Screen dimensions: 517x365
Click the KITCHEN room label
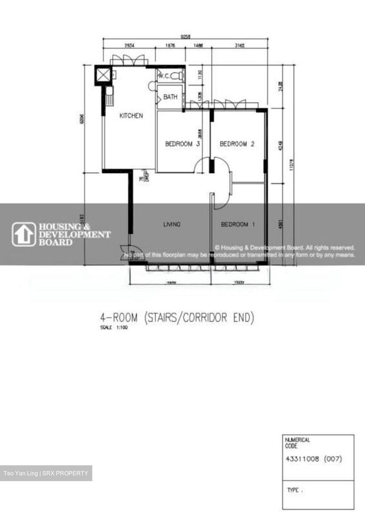point(131,116)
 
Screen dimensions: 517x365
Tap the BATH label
point(170,97)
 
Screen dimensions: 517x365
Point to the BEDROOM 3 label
point(182,144)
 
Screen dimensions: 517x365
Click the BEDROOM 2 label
point(237,144)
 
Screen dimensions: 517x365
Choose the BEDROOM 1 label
point(238,224)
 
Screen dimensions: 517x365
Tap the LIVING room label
point(172,224)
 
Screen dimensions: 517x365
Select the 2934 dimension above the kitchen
point(129,45)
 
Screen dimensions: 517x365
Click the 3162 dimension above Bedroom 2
point(239,45)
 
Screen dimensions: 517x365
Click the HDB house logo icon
point(24,234)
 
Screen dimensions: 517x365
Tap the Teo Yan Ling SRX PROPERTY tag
point(46,473)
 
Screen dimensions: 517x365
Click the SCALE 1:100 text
point(114,327)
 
